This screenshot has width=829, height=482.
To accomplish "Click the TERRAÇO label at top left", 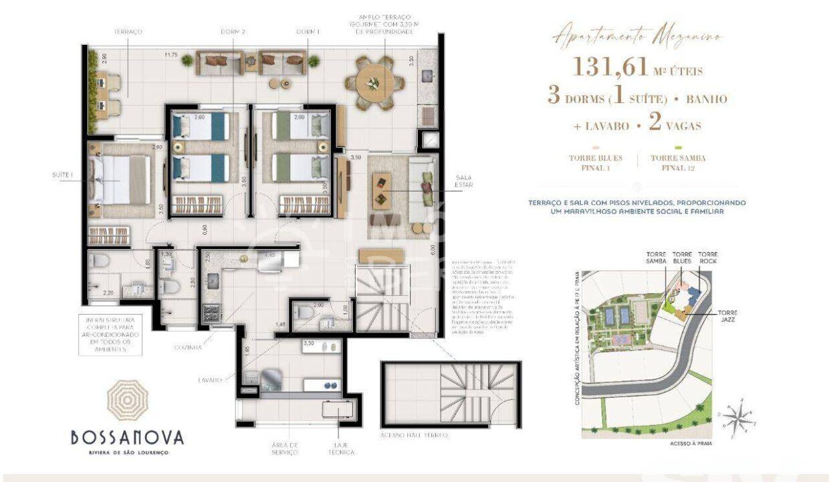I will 128,31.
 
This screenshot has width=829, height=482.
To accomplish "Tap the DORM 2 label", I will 233,31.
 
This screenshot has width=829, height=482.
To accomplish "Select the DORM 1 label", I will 308,31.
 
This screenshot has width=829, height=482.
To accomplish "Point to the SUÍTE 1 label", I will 62,175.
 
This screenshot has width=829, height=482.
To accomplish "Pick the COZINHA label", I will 189,348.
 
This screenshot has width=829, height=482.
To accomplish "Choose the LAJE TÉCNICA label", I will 345,448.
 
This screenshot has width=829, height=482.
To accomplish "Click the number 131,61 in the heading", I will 610,66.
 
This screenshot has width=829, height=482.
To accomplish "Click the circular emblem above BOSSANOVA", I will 128,400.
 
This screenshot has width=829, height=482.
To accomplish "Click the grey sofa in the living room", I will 425,191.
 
